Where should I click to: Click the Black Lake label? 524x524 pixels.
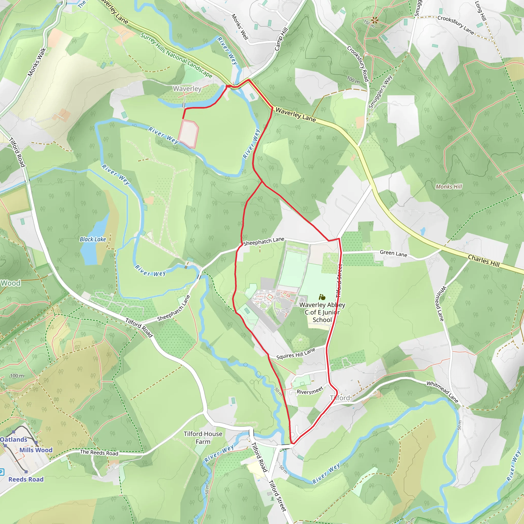tap(93, 239)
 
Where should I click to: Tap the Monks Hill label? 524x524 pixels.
tap(449, 187)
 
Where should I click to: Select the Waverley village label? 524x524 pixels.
tap(187, 89)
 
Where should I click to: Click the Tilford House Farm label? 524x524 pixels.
tap(203, 438)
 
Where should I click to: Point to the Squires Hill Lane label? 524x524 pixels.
tap(296, 354)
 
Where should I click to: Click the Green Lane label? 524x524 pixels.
tap(393, 254)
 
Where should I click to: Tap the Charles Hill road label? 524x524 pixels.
tap(484, 261)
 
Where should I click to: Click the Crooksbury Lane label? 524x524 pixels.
tap(456, 25)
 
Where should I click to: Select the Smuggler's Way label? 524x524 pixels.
tap(380, 92)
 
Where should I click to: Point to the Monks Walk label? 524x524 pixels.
tap(37, 62)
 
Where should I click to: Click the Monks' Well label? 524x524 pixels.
tap(240, 27)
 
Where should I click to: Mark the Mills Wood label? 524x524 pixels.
tap(36, 450)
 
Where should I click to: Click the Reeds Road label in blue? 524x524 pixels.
tap(26, 479)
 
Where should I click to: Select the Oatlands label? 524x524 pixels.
tap(14, 439)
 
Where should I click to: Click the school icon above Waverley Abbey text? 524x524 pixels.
tap(322, 297)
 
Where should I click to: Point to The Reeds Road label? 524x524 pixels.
tap(99, 452)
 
